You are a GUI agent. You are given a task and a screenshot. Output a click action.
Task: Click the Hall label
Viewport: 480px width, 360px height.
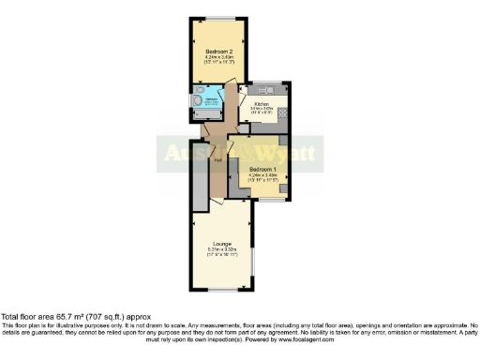point(217,160)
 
